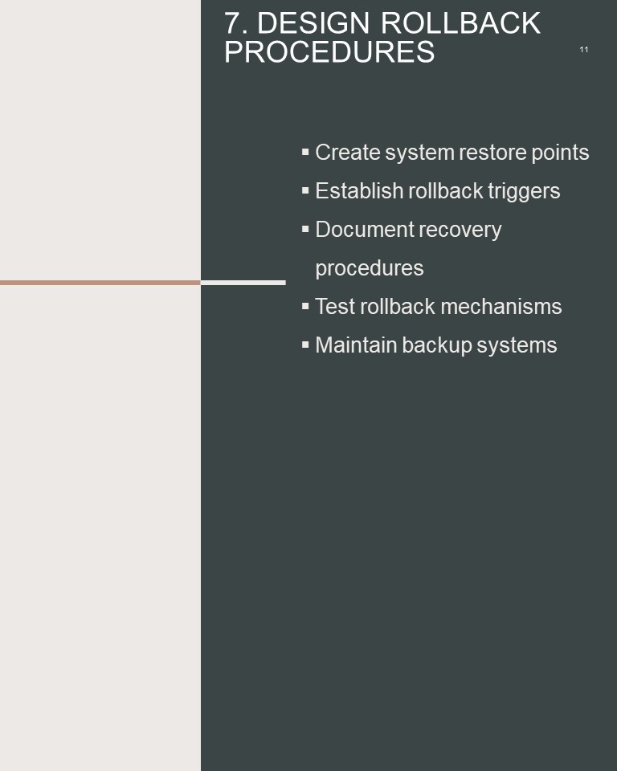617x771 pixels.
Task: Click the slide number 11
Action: (x=583, y=49)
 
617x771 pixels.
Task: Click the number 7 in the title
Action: (x=233, y=23)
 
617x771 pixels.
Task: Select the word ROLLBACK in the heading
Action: (x=460, y=23)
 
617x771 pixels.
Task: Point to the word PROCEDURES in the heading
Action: (x=329, y=51)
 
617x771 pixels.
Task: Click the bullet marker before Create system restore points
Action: (x=305, y=152)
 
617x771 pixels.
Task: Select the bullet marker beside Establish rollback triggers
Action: (x=305, y=190)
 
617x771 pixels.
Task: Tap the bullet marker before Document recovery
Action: (x=305, y=229)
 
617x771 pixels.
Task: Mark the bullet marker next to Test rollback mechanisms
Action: (x=305, y=306)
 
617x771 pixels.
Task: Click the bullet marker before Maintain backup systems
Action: (x=305, y=345)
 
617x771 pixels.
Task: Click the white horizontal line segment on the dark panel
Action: (x=243, y=283)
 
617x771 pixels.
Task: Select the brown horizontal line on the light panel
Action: (x=100, y=283)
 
